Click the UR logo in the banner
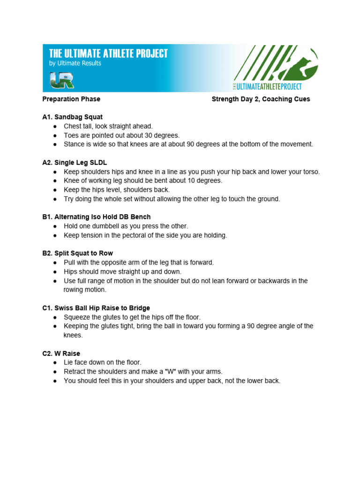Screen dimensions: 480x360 (x=62, y=80)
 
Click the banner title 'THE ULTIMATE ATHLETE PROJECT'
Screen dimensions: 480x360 (x=108, y=53)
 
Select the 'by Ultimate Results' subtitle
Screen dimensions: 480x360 (x=75, y=63)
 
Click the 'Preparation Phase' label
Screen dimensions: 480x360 (x=71, y=99)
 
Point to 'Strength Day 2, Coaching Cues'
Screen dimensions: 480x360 (x=261, y=99)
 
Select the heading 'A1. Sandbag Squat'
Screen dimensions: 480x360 (x=72, y=117)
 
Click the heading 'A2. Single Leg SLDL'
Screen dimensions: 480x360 (x=75, y=162)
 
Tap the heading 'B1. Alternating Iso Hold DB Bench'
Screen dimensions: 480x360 (x=96, y=217)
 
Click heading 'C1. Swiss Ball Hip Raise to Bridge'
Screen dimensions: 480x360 (x=96, y=308)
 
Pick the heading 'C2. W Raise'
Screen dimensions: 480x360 (x=61, y=353)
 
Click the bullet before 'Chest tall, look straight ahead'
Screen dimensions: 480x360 (x=55, y=127)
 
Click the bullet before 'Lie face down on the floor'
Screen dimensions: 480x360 (x=55, y=363)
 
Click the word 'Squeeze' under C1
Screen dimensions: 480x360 (x=76, y=317)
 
